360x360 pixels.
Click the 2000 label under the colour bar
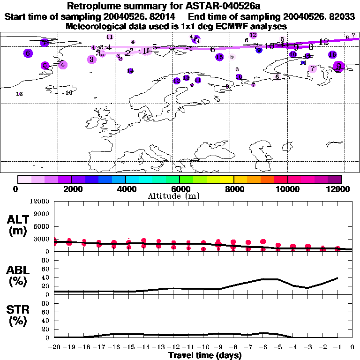71,189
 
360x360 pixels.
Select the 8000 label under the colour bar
233,189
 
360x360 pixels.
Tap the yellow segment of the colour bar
227,179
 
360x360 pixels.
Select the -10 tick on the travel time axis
203,346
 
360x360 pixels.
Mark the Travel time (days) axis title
205,355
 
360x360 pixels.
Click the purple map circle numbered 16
332,55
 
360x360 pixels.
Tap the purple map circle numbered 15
219,57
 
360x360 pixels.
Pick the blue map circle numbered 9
259,50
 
